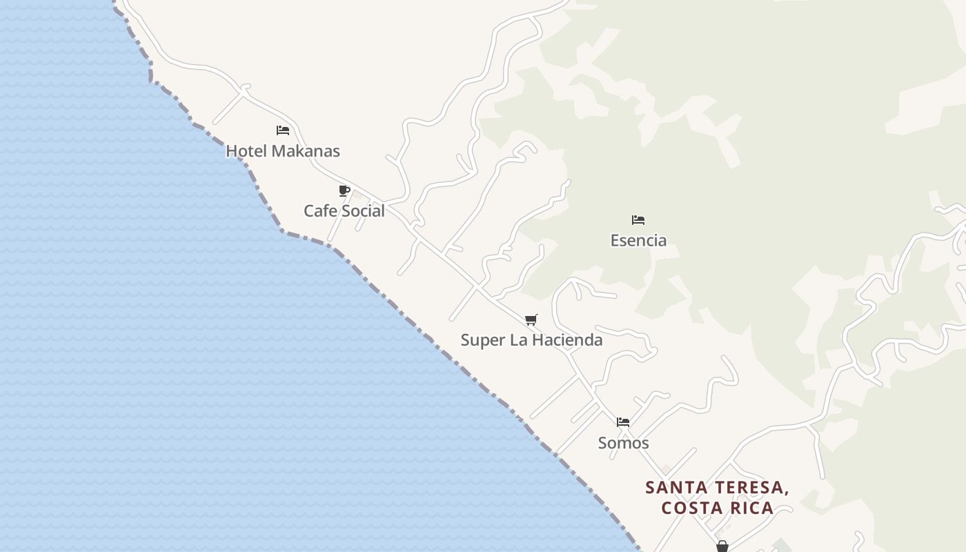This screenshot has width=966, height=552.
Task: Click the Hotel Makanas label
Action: pos(283,151)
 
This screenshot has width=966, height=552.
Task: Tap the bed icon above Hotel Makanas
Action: pos(283,130)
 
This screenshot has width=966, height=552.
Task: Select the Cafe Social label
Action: pos(344,211)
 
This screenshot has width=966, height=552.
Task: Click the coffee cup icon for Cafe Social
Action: pos(344,190)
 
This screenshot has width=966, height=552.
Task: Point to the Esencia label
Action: pos(638,241)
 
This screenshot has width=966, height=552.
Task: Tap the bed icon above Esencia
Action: pos(638,220)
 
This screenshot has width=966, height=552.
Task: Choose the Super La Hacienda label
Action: pos(531,340)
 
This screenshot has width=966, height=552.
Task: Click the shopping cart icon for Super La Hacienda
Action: pos(531,319)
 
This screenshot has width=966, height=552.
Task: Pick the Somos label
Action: pos(623,443)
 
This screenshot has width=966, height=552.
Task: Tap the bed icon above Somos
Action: pos(623,422)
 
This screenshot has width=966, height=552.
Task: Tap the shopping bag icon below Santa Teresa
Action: pos(722,546)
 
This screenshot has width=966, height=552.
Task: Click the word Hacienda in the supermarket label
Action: pos(567,340)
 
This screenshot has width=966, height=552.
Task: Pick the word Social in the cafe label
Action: pos(364,211)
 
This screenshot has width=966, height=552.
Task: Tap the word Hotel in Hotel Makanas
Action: pos(245,151)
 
